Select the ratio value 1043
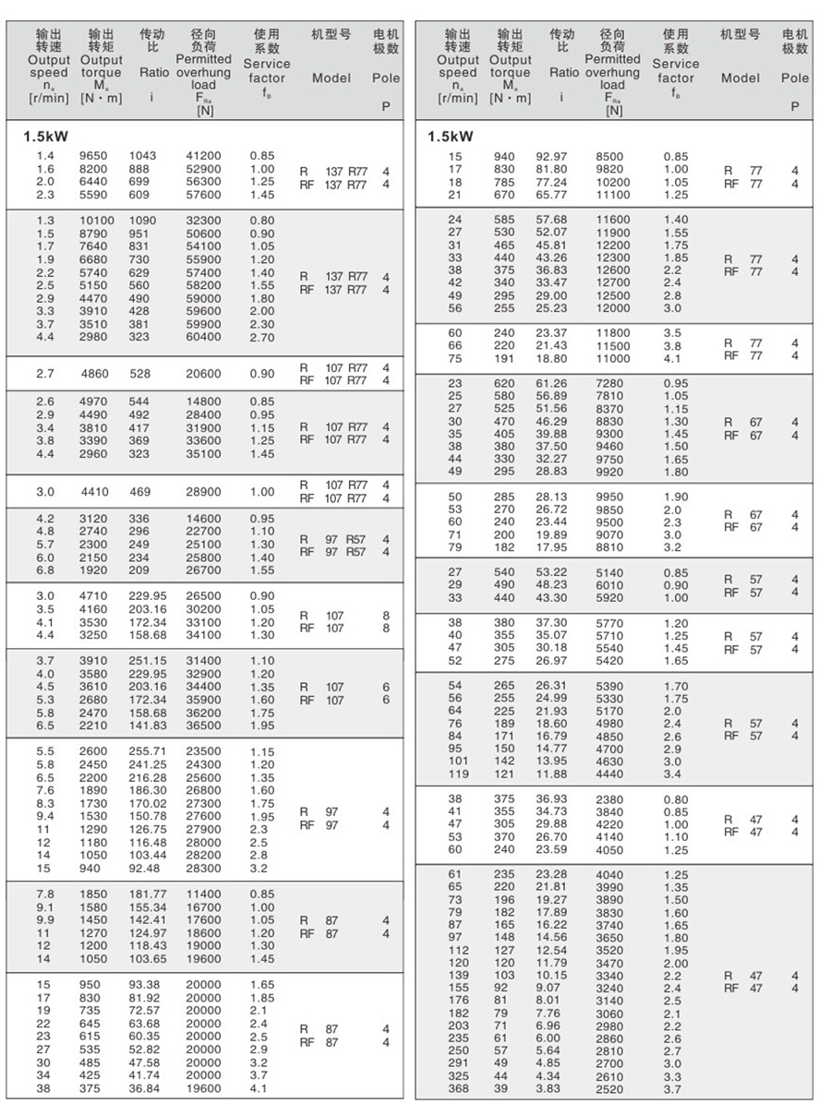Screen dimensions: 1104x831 143,156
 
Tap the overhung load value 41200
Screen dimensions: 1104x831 203,156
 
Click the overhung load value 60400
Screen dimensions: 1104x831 203,337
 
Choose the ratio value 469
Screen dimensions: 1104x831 140,492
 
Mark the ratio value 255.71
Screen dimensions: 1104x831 148,751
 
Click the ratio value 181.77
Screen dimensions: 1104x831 148,894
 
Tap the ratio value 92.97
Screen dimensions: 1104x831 552,156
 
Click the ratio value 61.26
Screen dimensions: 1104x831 552,383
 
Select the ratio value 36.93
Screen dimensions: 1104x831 552,798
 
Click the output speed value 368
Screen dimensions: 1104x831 458,1089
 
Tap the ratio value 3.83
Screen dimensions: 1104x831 548,1089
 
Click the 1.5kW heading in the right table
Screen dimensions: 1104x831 451,137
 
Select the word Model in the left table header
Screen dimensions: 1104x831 331,78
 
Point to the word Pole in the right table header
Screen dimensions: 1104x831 795,78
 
